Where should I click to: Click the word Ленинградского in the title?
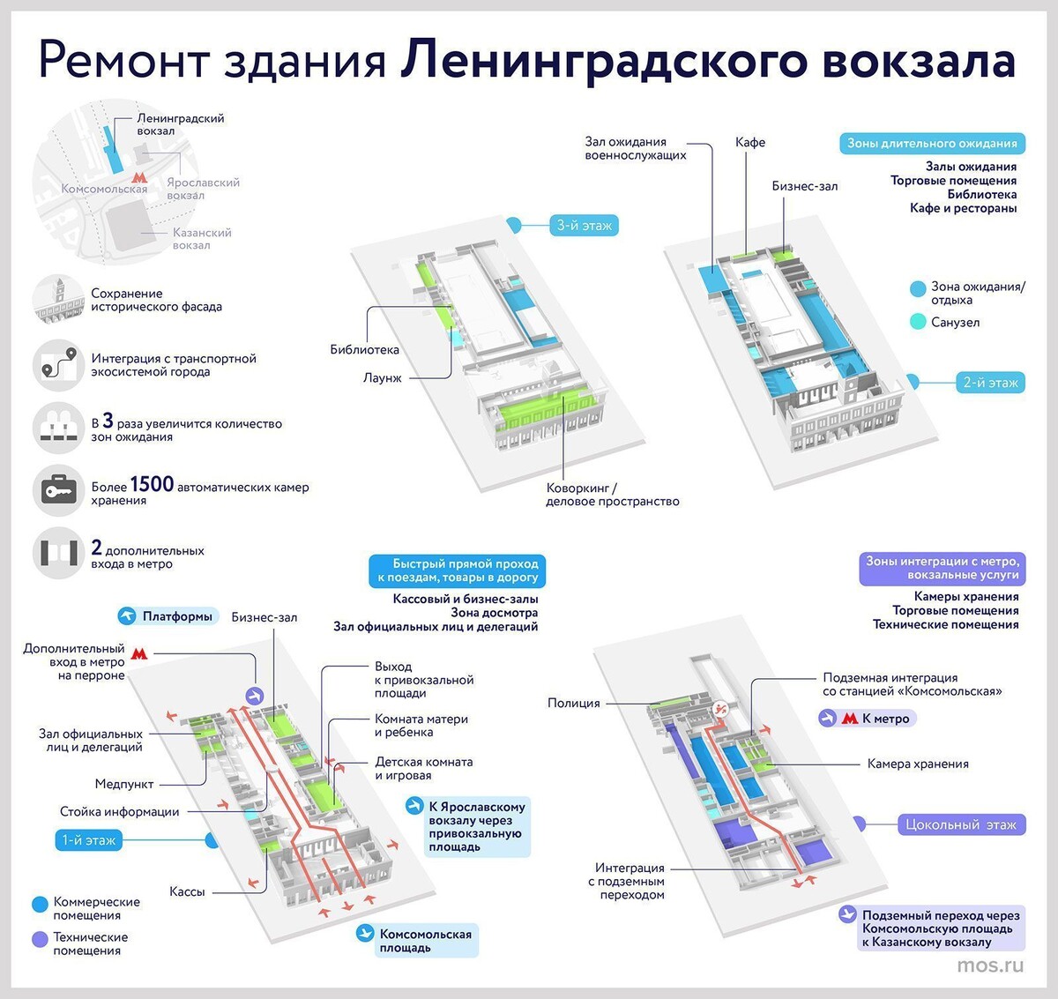(603, 61)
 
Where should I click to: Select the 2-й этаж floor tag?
(990, 383)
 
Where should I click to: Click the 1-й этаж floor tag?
(89, 840)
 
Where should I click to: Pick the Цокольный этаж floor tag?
(960, 824)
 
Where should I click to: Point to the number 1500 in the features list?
(152, 484)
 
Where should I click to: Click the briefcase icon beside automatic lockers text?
(58, 489)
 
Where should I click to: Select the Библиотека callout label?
(364, 350)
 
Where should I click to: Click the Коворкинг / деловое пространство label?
(612, 495)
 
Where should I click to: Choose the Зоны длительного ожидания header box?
(932, 143)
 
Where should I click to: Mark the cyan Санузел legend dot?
(918, 323)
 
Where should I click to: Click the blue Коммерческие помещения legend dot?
(40, 904)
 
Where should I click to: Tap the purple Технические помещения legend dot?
(40, 939)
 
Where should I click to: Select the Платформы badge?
(168, 616)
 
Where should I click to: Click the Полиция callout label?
(573, 703)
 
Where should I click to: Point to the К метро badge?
(868, 719)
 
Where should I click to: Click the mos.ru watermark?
(990, 965)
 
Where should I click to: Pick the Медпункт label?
(124, 784)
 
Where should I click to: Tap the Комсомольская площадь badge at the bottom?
(416, 941)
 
